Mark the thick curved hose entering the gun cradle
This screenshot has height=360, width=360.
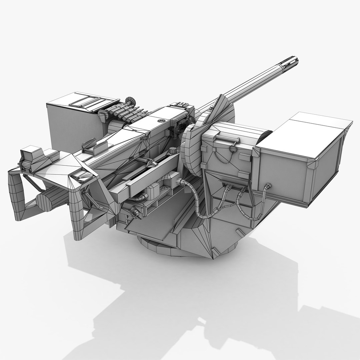click(197, 200)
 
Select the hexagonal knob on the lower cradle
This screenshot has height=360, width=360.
click(135, 211)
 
